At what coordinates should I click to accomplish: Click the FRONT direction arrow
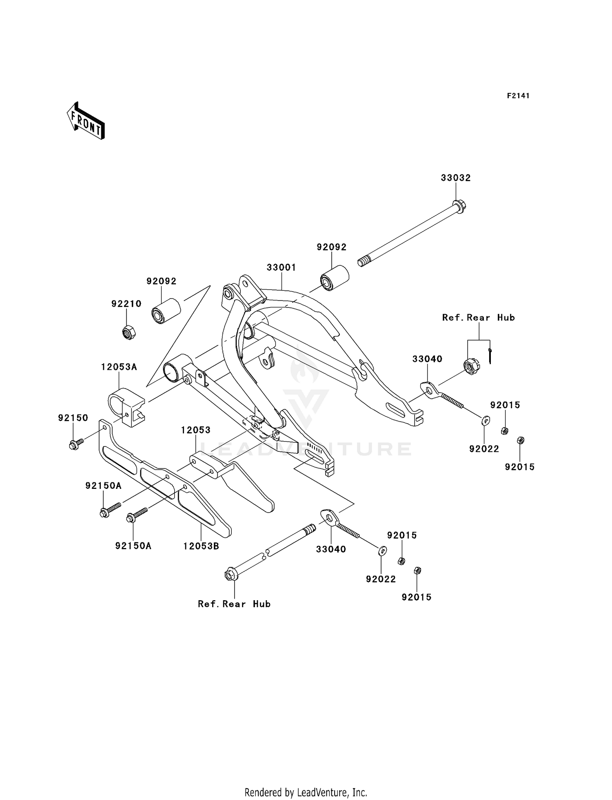click(86, 121)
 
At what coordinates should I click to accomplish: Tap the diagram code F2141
click(518, 96)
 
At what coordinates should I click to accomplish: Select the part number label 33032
click(455, 178)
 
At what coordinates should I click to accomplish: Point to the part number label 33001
click(281, 267)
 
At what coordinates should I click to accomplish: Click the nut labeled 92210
click(129, 332)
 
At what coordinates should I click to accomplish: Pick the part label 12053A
click(119, 367)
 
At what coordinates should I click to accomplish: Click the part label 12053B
click(201, 546)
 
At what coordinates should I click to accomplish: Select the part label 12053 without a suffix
click(196, 430)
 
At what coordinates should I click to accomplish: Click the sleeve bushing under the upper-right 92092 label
click(334, 279)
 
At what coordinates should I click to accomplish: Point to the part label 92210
click(126, 304)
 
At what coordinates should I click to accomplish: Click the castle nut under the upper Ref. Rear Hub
click(471, 366)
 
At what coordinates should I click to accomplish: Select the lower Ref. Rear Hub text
click(234, 604)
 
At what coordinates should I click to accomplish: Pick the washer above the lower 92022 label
click(382, 551)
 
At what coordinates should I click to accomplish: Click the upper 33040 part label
click(427, 359)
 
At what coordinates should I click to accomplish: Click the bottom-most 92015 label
click(416, 597)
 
